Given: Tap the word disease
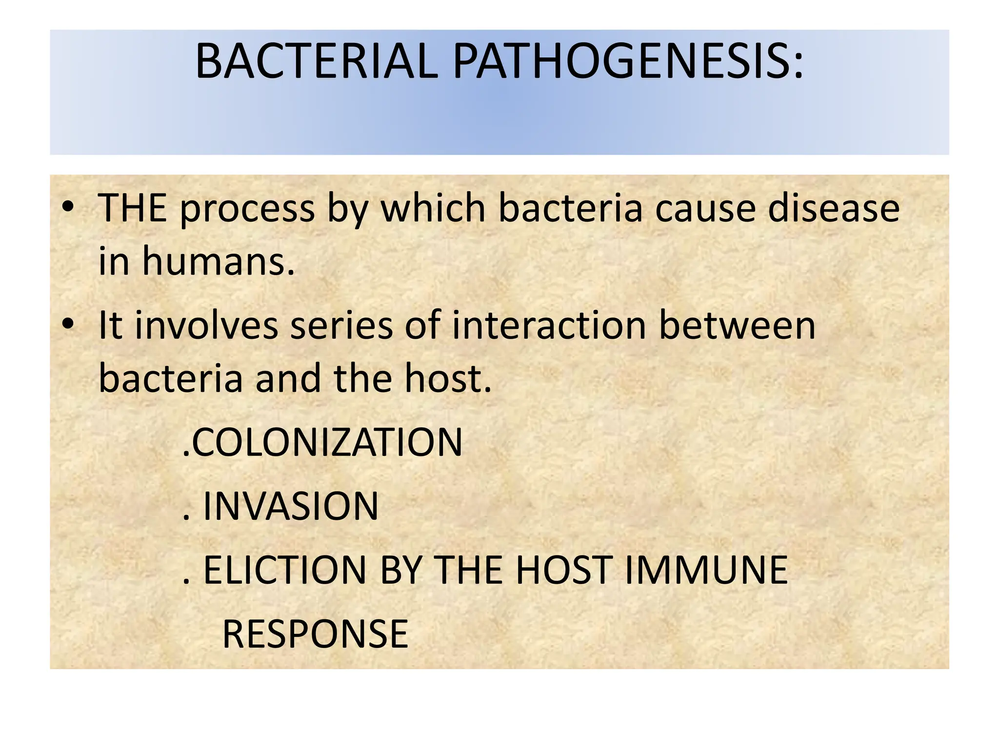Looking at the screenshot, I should click(x=834, y=209).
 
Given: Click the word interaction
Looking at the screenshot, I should click(x=549, y=326).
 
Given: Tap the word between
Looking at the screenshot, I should click(x=737, y=326).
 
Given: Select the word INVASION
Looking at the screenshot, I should click(x=291, y=506).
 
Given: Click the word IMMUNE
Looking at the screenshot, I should click(x=706, y=570).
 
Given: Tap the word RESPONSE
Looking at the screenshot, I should click(x=315, y=634).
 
